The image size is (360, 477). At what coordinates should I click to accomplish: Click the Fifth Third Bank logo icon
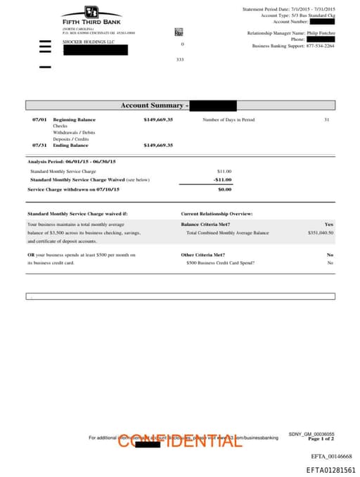91,12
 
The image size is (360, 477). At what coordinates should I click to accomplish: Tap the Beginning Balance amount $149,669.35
158,120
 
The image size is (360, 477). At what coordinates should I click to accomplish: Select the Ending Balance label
70,146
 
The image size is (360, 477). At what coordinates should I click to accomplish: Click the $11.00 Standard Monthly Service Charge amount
224,171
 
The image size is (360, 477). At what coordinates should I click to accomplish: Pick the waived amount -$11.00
223,179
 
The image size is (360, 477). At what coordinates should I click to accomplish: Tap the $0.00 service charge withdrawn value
224,189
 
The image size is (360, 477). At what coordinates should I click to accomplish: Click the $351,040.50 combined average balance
321,232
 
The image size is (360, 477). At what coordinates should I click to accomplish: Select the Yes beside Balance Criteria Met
329,224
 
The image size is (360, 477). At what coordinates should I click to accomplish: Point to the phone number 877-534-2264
319,46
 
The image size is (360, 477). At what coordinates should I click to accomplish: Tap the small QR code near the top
179,32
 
